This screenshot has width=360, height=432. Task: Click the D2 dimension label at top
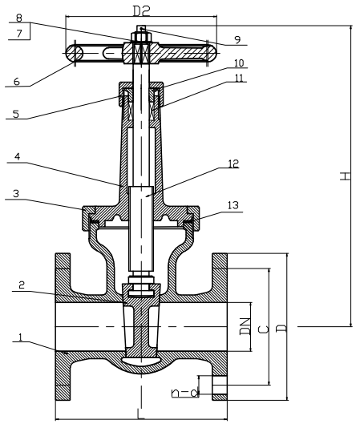click(141, 11)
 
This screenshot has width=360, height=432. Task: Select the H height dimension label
click(345, 176)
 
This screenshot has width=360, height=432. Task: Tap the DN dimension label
click(245, 326)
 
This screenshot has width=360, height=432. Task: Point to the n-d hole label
click(185, 393)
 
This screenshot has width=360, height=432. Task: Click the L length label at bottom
click(140, 414)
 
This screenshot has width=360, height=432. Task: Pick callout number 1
click(20, 337)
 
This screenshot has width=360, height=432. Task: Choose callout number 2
click(22, 285)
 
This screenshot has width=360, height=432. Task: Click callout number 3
click(16, 194)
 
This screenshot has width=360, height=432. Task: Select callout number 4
click(17, 157)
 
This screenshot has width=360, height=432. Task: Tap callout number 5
click(16, 114)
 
